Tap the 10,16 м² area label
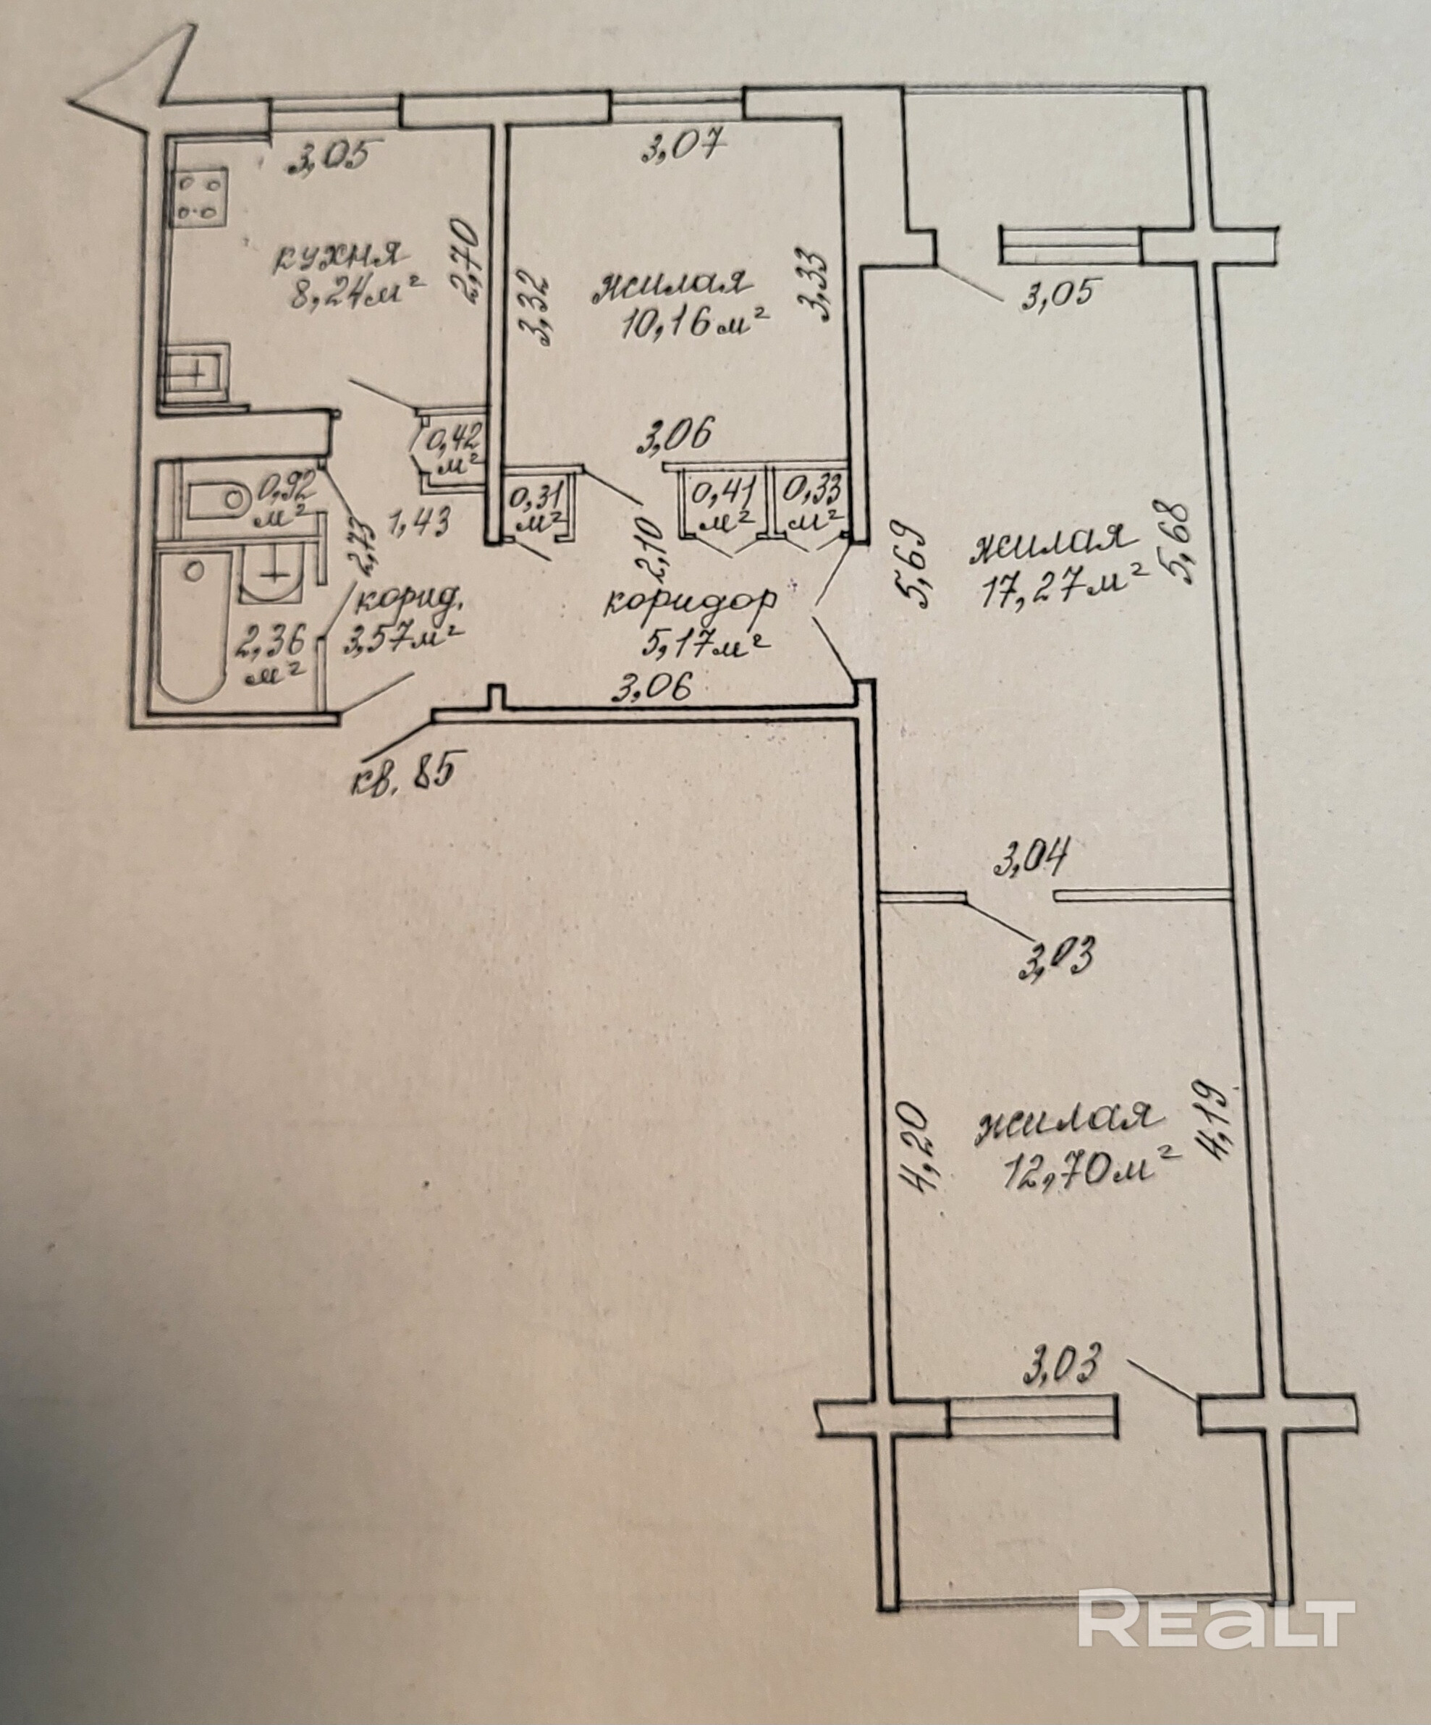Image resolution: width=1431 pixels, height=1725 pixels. (x=694, y=326)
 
